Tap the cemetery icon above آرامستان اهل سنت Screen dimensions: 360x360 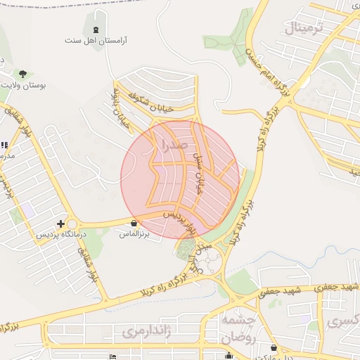click(96, 29)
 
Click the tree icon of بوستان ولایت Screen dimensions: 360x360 click(23, 73)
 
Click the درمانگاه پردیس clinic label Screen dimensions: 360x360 click(63, 234)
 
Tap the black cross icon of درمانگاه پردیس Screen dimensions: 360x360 click(60, 223)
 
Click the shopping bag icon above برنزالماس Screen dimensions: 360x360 click(134, 222)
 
